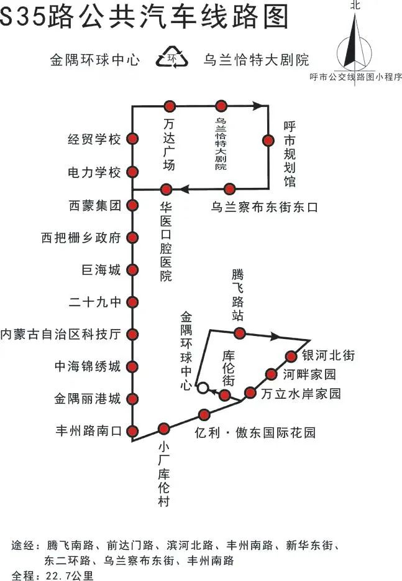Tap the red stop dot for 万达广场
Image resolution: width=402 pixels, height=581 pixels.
170,106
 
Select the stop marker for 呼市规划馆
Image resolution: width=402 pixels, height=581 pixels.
268,141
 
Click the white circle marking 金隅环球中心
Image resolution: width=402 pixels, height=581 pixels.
203,388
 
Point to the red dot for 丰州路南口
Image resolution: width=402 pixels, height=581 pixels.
132,430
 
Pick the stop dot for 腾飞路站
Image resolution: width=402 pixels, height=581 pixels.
240,333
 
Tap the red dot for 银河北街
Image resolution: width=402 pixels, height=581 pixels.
291,356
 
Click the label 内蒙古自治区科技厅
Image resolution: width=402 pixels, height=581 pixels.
60,334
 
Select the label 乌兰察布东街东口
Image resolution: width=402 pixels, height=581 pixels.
264,207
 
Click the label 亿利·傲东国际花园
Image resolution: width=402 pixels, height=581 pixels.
255,432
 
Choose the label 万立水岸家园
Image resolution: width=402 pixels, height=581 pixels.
301,393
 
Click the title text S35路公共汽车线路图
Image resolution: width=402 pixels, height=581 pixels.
144,17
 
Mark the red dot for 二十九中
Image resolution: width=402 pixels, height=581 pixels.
132,302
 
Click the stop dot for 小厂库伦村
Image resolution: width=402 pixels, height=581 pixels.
164,428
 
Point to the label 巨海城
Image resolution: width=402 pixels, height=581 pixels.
101,270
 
